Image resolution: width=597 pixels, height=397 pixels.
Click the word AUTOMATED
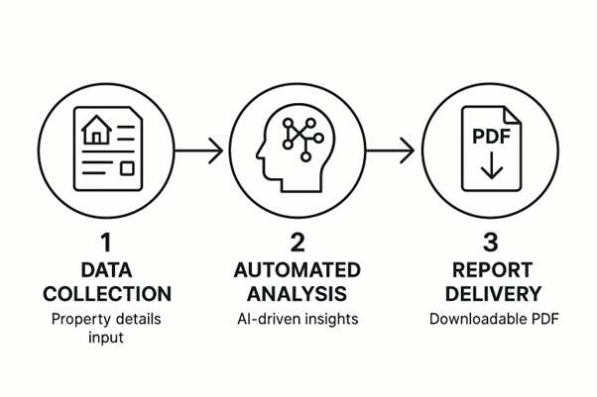tap(298, 269)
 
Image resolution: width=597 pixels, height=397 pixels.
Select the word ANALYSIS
tap(298, 294)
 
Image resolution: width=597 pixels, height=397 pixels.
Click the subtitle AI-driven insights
tap(298, 320)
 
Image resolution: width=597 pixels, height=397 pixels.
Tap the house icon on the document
tap(96, 129)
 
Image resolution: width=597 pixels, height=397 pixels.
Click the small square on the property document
tap(126, 168)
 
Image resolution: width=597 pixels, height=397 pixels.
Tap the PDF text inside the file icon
tap(486, 135)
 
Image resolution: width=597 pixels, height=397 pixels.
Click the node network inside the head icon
tap(298, 136)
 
